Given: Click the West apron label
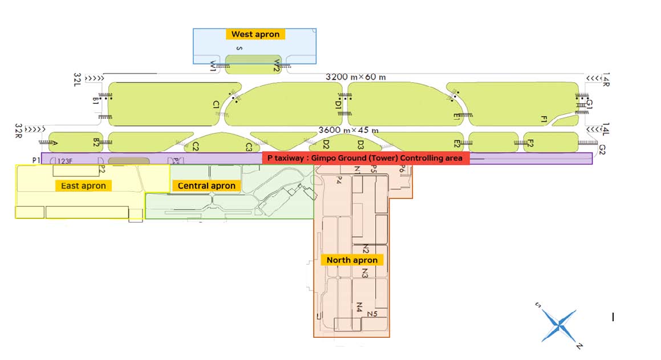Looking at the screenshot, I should pyautogui.click(x=255, y=34).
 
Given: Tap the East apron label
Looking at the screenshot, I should pyautogui.click(x=83, y=185).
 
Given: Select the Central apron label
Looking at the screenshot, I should pyautogui.click(x=206, y=185).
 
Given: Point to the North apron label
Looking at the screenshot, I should pyautogui.click(x=352, y=260).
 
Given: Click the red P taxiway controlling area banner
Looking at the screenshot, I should pyautogui.click(x=366, y=158).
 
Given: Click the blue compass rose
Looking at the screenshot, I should pyautogui.click(x=559, y=326).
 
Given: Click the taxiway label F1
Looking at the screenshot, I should pyautogui.click(x=544, y=119).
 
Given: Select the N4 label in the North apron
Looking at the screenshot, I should pyautogui.click(x=359, y=307).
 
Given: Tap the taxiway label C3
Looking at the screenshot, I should pyautogui.click(x=249, y=147).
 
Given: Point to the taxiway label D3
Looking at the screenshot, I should pyautogui.click(x=360, y=144).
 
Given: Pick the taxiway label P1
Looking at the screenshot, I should pyautogui.click(x=36, y=160).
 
